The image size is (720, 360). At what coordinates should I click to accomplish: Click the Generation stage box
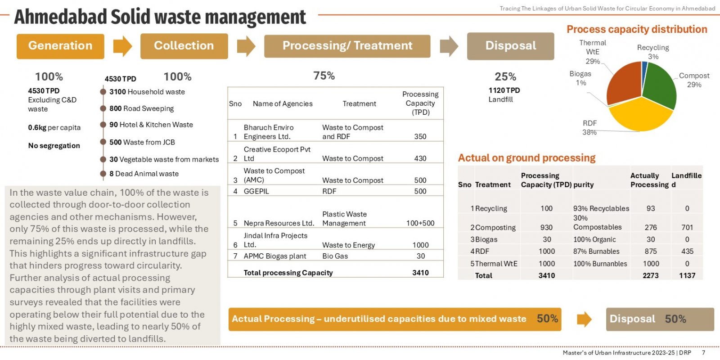pyautogui.click(x=60, y=46)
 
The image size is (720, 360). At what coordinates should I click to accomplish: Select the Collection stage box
pyautogui.click(x=184, y=46)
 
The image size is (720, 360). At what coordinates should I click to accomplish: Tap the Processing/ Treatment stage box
pyautogui.click(x=347, y=46)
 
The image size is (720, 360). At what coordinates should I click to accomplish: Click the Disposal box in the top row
pyautogui.click(x=510, y=46)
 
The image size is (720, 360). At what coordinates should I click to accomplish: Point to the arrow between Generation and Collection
pyautogui.click(x=123, y=46)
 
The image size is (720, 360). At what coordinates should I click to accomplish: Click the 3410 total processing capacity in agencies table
pyautogui.click(x=420, y=273)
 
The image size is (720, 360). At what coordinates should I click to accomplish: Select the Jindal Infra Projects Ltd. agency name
pyautogui.click(x=275, y=240)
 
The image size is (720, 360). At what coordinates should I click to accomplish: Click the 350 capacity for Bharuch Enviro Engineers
pyautogui.click(x=420, y=136)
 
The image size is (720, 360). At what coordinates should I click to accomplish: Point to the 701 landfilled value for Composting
pyautogui.click(x=687, y=228)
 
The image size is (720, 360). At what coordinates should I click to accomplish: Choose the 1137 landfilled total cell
pyautogui.click(x=687, y=275)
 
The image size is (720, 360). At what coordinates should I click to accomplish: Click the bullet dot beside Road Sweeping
pyautogui.click(x=103, y=108)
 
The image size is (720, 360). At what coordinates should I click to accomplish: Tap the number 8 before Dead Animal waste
pyautogui.click(x=111, y=174)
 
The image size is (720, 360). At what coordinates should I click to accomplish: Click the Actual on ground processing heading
pyautogui.click(x=526, y=158)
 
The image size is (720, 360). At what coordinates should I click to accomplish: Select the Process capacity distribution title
pyautogui.click(x=637, y=29)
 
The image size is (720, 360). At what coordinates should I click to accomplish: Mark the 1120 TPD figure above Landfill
pyautogui.click(x=504, y=90)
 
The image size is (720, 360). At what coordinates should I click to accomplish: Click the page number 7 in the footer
pyautogui.click(x=704, y=353)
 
